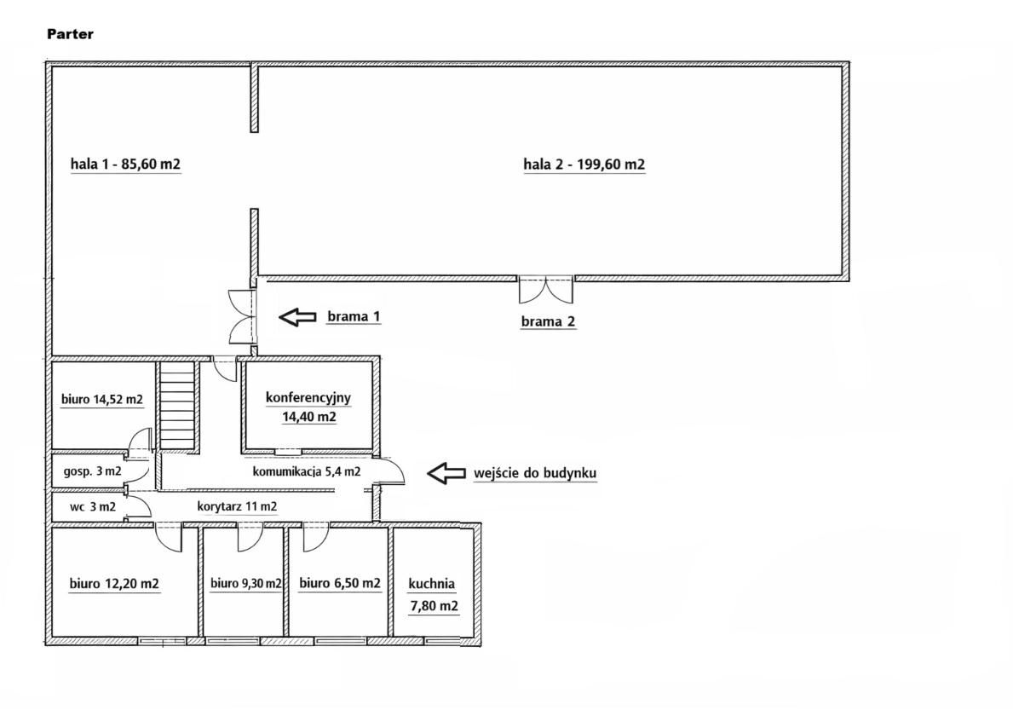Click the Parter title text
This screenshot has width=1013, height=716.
[x=70, y=34]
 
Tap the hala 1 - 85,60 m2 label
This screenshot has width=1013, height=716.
[x=125, y=165]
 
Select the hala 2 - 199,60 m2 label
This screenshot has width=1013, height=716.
[x=584, y=165]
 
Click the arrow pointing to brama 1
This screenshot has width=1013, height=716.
[x=297, y=316]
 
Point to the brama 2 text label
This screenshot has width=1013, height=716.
[x=548, y=321]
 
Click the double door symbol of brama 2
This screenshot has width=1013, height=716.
[x=546, y=290]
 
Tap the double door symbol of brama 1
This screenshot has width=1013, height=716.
[x=244, y=316]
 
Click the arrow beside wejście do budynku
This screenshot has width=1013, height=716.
[x=446, y=473]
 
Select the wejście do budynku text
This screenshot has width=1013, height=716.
[x=535, y=473]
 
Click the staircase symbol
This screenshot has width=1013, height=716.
[x=178, y=405]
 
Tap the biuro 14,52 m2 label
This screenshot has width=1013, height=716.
[x=102, y=400]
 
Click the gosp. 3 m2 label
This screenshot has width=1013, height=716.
[x=92, y=471]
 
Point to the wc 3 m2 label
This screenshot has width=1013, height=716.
[x=92, y=506]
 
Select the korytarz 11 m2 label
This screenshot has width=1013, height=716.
[x=237, y=506]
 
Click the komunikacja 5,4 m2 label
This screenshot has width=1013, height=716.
[x=307, y=471]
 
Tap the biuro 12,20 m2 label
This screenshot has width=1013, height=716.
[x=114, y=584]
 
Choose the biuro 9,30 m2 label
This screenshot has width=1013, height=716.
[x=246, y=584]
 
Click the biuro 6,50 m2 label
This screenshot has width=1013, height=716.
[x=340, y=583]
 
